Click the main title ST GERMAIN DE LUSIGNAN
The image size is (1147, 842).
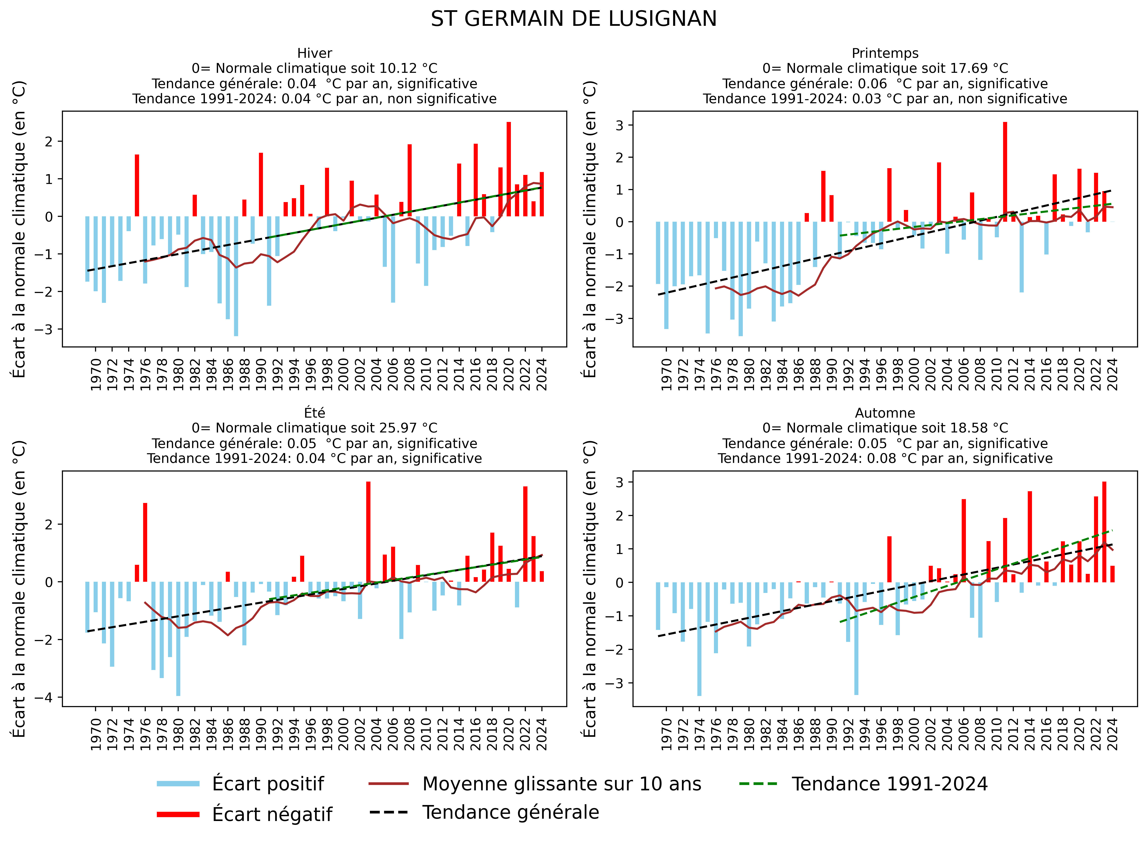coord(573,19)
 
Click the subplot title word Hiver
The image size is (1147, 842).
coord(315,53)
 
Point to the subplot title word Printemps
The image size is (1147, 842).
coord(885,53)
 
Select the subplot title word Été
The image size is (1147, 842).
coord(315,413)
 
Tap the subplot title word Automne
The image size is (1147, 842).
coord(885,413)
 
